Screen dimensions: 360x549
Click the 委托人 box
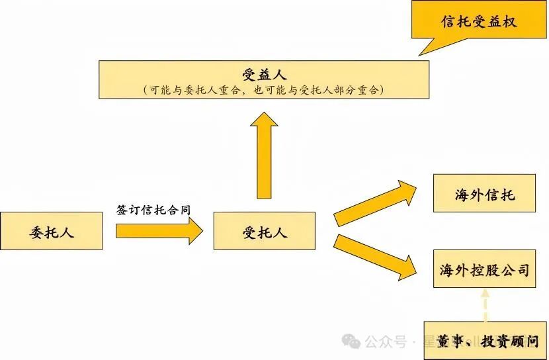click(x=52, y=231)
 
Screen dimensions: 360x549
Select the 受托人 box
click(x=265, y=231)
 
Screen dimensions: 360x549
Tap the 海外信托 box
click(x=484, y=193)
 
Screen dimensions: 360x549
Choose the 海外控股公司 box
click(x=484, y=269)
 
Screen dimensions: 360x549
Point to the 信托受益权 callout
click(x=479, y=21)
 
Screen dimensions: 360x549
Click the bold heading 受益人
click(x=264, y=72)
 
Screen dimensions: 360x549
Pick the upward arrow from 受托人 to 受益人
click(x=265, y=156)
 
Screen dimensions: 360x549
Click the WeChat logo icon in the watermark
click(x=351, y=341)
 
